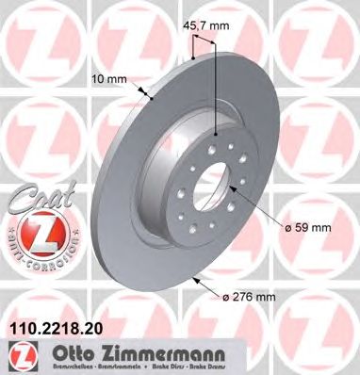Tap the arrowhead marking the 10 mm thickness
(150, 95)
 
